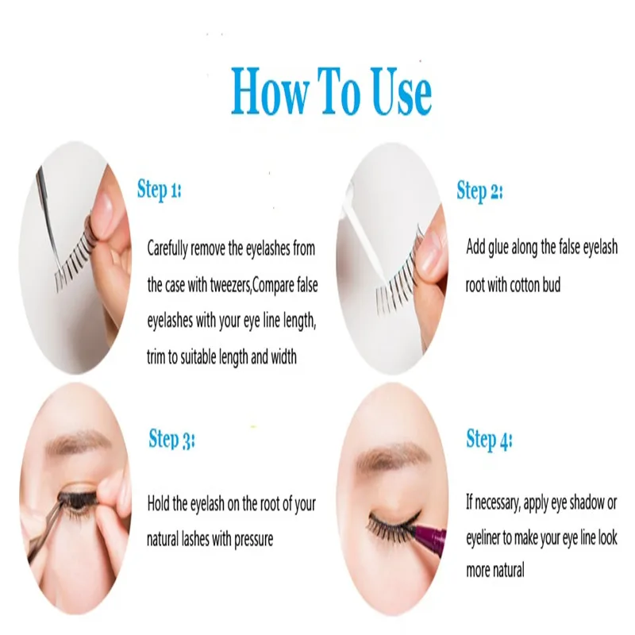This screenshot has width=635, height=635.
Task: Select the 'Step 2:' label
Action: (x=479, y=190)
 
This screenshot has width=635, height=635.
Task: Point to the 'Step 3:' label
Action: (x=171, y=439)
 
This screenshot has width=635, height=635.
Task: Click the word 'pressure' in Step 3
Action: (x=248, y=539)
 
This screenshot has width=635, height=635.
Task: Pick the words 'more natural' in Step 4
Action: (x=495, y=570)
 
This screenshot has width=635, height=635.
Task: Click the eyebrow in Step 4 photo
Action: (x=381, y=456)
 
